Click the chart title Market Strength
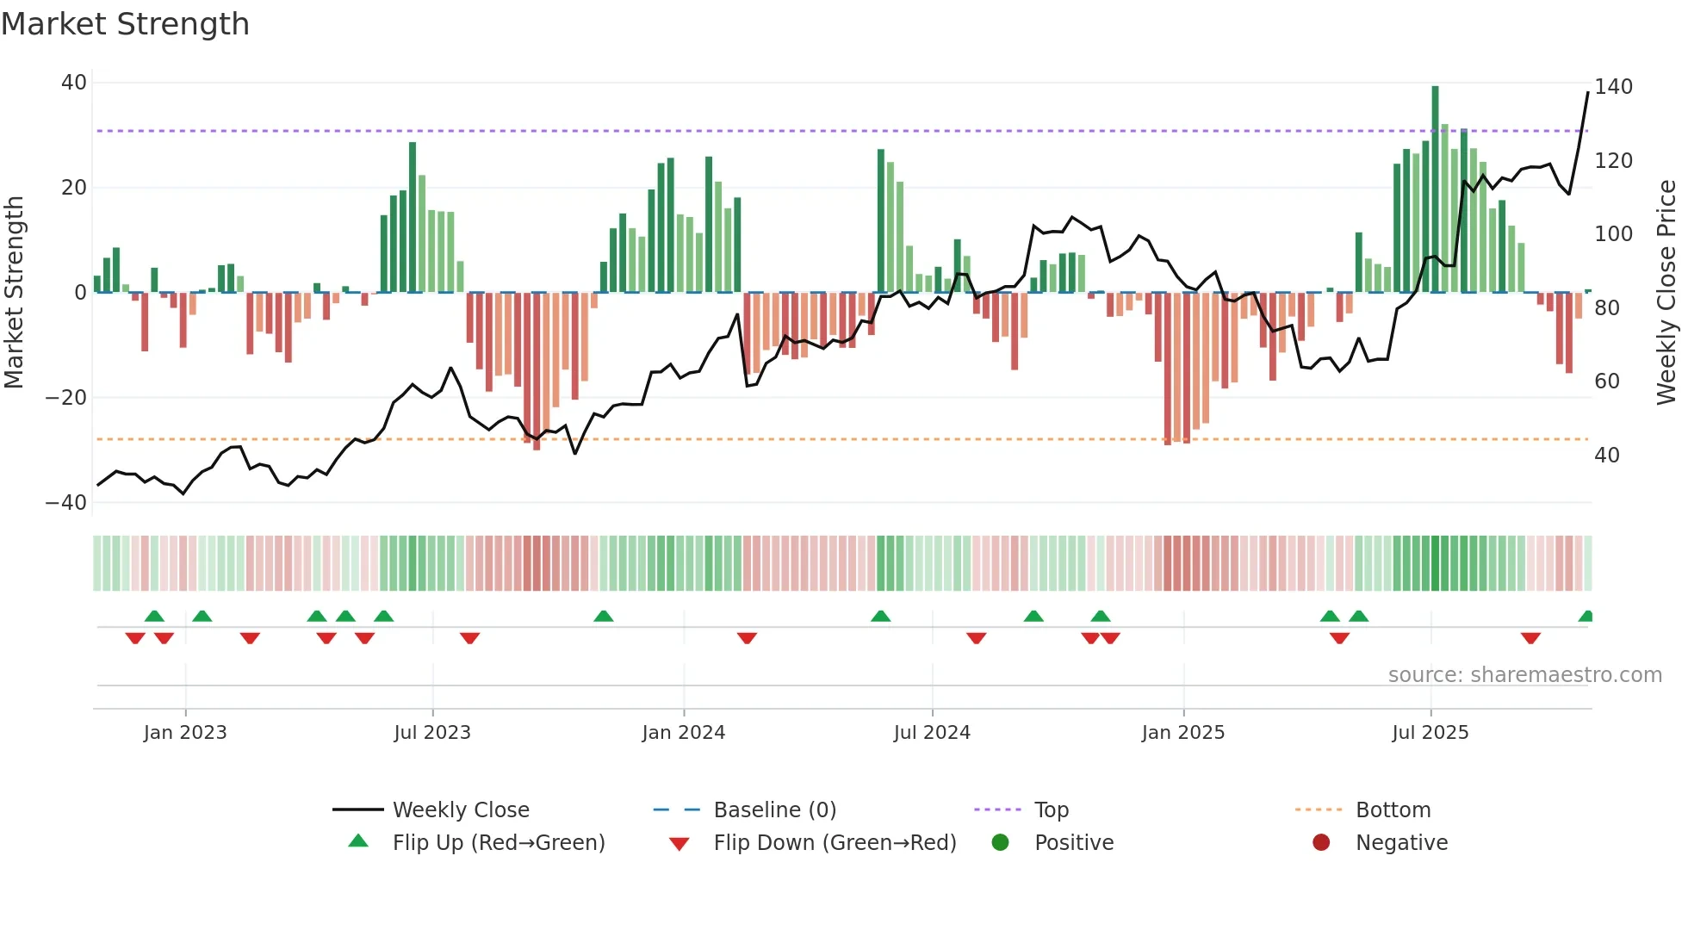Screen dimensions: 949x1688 pyautogui.click(x=125, y=24)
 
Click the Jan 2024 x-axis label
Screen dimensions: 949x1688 pyautogui.click(x=683, y=733)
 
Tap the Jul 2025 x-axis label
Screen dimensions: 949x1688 pyautogui.click(x=1430, y=733)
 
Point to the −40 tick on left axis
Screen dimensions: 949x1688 pyautogui.click(x=66, y=503)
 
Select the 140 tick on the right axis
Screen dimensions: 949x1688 pyautogui.click(x=1613, y=87)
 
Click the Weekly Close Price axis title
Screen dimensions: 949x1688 pyautogui.click(x=1666, y=293)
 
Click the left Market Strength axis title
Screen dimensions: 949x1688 pyautogui.click(x=15, y=293)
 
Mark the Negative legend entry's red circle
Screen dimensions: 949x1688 pyautogui.click(x=1321, y=843)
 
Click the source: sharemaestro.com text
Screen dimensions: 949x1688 pyautogui.click(x=1524, y=675)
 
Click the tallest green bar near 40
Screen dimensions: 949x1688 pyautogui.click(x=1435, y=189)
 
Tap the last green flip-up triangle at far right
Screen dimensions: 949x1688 pyautogui.click(x=1586, y=617)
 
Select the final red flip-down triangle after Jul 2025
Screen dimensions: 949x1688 pyautogui.click(x=1530, y=638)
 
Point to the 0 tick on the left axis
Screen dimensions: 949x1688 pyautogui.click(x=79, y=293)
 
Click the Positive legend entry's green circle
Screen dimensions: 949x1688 pyautogui.click(x=1000, y=843)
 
